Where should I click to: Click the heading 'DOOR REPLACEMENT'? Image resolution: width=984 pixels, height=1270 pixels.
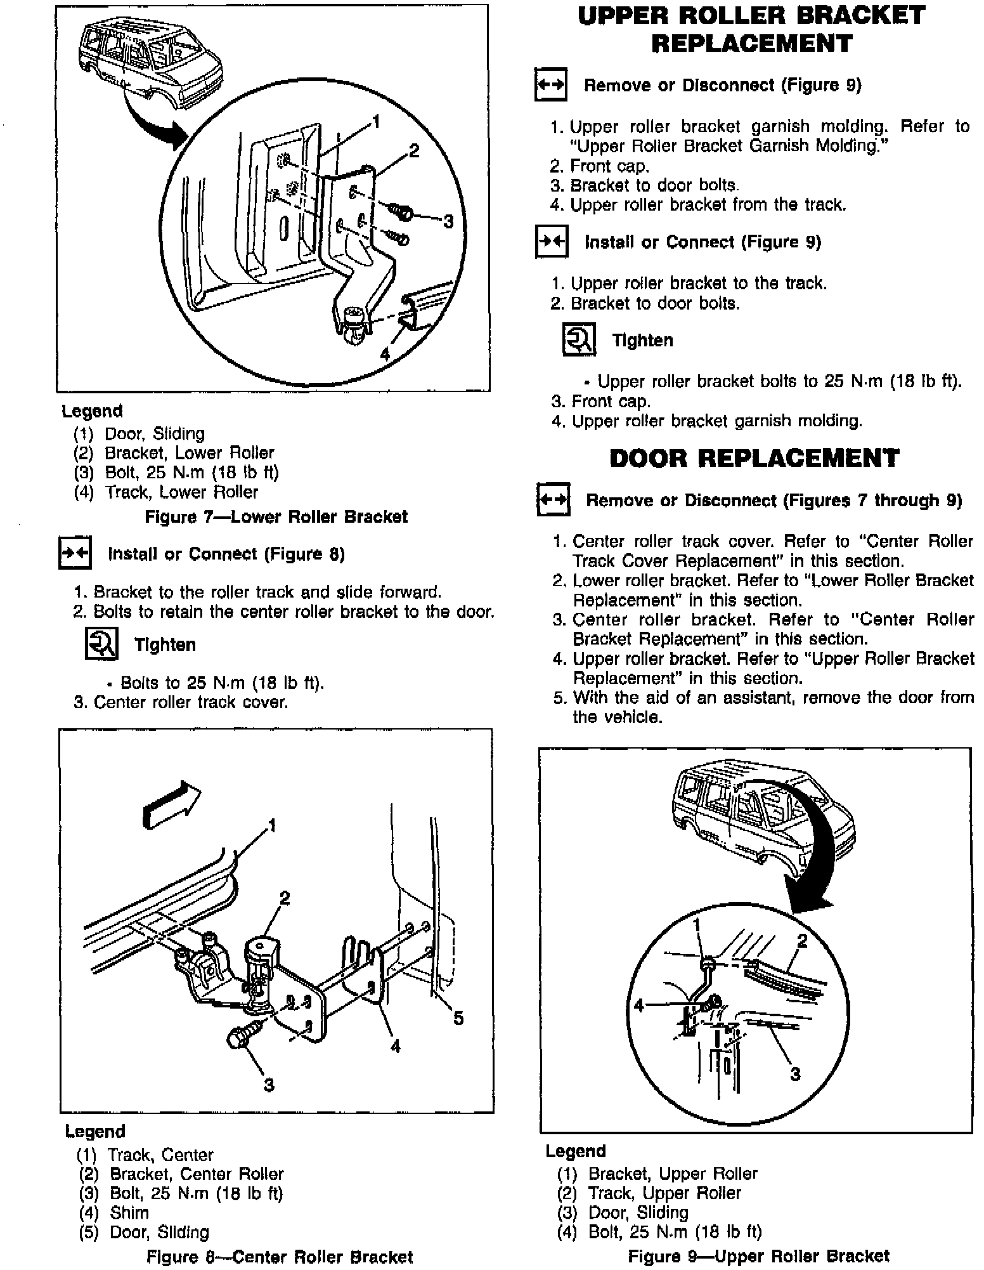(x=754, y=458)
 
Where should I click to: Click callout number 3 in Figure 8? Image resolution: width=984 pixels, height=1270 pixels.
(x=269, y=1085)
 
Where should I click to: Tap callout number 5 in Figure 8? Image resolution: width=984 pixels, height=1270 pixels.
(x=458, y=1018)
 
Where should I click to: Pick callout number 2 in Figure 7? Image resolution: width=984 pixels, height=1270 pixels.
(x=413, y=151)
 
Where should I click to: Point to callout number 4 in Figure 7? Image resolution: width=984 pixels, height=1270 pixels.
(x=385, y=354)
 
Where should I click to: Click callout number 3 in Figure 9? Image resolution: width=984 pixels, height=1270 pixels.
(x=795, y=1073)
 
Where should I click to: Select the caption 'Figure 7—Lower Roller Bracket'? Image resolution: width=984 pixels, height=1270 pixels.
(x=276, y=517)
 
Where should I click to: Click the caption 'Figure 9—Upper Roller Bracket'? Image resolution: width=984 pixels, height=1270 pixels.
(x=758, y=1256)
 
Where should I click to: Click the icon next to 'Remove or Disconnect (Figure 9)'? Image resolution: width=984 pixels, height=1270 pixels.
(x=550, y=84)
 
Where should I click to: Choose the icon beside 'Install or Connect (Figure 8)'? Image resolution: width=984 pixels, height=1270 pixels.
(x=75, y=554)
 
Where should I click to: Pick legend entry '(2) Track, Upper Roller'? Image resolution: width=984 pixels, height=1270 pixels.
(x=649, y=1193)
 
